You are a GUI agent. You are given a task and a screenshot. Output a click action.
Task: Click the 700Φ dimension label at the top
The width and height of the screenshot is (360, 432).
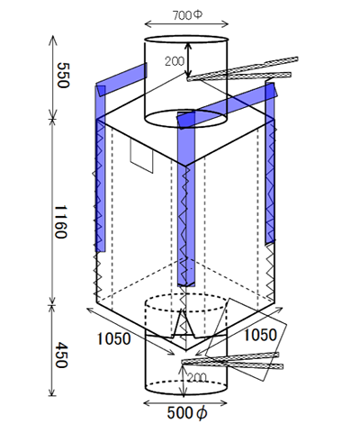click(x=187, y=15)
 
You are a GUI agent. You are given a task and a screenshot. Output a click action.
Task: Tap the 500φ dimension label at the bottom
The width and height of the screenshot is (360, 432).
click(x=187, y=413)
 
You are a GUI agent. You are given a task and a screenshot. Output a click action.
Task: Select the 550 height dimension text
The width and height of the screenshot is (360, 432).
click(x=63, y=76)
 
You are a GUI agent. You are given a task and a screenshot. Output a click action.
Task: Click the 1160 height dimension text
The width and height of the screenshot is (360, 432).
click(x=60, y=221)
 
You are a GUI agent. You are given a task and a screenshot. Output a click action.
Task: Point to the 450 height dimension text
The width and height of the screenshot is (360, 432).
click(x=61, y=355)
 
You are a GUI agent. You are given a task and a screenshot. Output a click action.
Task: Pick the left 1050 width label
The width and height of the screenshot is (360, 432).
click(x=113, y=339)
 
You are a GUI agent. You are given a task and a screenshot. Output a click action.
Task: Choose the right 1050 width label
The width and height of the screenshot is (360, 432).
click(x=260, y=335)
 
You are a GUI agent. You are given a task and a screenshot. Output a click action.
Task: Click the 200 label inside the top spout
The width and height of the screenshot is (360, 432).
click(x=175, y=61)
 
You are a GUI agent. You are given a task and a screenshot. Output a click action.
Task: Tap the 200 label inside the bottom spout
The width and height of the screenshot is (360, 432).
click(x=197, y=378)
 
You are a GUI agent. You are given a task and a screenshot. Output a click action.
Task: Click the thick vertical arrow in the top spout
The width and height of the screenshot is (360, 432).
click(x=188, y=59)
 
